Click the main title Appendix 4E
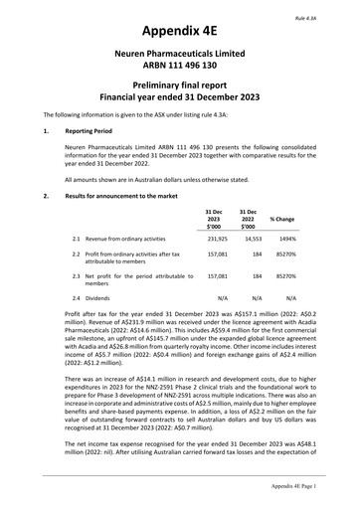(x=180, y=31)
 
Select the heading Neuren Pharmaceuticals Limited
(x=180, y=60)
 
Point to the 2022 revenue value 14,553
(x=252, y=267)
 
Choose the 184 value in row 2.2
(x=256, y=282)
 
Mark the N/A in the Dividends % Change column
(x=290, y=325)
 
